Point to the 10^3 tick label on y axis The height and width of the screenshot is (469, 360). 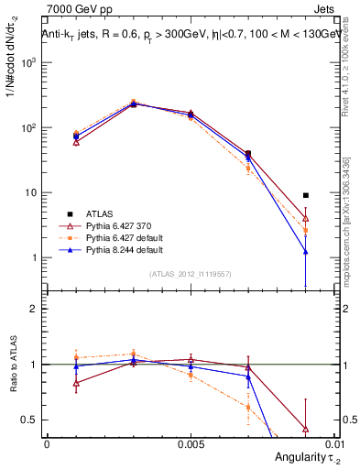coord(28,63)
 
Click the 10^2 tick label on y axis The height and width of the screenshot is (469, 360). coord(28,128)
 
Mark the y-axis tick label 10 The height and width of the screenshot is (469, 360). coord(30,193)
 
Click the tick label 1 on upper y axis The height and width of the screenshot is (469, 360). coord(34,258)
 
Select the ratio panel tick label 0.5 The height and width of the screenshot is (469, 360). coord(30,420)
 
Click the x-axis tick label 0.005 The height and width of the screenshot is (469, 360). coord(190,442)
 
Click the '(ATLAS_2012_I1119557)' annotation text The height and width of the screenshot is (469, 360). coord(190,274)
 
